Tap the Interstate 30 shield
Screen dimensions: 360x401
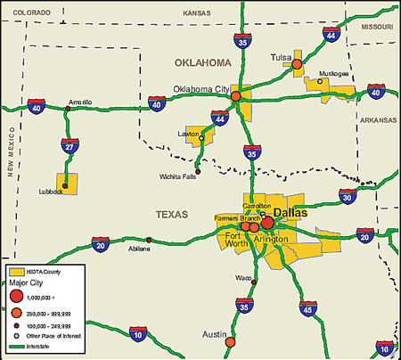coord(347,197)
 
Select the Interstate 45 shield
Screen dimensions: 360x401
coord(307,311)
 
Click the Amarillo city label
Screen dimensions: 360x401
coord(81,102)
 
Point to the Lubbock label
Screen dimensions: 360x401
coord(50,192)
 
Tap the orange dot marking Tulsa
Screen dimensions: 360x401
coord(297,64)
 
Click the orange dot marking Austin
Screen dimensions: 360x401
coord(231,342)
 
